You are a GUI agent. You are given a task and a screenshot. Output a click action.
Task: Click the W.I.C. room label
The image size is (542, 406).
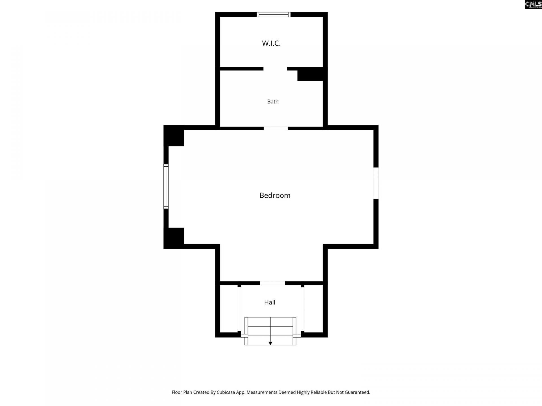pyautogui.click(x=271, y=43)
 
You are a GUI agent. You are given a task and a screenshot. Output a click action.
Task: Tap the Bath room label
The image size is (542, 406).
pyautogui.click(x=273, y=101)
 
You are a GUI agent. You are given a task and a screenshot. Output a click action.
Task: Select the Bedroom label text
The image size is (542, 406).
pyautogui.click(x=275, y=195)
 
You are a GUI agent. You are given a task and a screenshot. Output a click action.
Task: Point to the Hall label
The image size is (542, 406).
pyautogui.click(x=270, y=302)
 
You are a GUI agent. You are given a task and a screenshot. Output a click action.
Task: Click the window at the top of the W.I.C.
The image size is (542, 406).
pyautogui.click(x=274, y=14)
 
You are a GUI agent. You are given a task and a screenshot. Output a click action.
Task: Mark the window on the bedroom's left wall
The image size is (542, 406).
pyautogui.click(x=166, y=186)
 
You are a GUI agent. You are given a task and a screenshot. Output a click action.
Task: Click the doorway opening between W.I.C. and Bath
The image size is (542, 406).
pyautogui.click(x=275, y=69)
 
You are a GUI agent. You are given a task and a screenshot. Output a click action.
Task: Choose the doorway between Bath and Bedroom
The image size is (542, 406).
pyautogui.click(x=276, y=128)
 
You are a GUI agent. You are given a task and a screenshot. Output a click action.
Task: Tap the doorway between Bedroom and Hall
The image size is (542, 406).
pyautogui.click(x=272, y=283)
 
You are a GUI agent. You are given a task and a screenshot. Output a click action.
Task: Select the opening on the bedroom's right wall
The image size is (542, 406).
pyautogui.click(x=376, y=183)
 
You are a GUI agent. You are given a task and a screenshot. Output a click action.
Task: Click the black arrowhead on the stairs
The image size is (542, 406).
pyautogui.click(x=270, y=343)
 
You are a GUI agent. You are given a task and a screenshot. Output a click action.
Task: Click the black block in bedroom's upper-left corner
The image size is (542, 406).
pyautogui.click(x=174, y=136)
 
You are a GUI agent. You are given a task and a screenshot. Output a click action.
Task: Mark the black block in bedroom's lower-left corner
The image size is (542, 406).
pyautogui.click(x=174, y=238)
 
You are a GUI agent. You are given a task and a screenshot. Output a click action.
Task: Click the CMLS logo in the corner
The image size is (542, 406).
pyautogui.click(x=533, y=5)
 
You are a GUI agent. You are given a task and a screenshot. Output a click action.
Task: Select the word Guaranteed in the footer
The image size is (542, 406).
pyautogui.click(x=356, y=392)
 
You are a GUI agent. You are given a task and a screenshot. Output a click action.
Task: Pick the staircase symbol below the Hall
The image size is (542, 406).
pyautogui.click(x=270, y=331)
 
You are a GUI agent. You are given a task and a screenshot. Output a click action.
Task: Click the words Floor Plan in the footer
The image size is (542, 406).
pyautogui.click(x=182, y=392)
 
